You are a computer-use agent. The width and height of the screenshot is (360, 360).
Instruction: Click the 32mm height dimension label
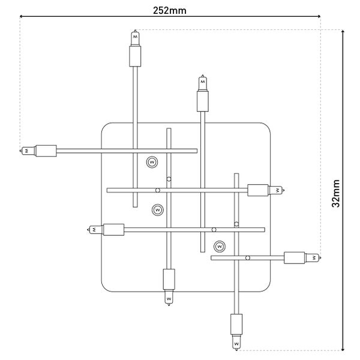click(337, 193)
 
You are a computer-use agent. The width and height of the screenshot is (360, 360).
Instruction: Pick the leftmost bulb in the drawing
click(27, 150)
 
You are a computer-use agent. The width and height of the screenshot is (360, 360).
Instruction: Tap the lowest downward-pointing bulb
click(236, 343)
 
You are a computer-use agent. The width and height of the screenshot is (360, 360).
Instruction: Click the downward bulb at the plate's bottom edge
click(168, 296)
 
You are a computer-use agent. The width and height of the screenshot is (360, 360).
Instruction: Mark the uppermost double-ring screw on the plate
click(152, 162)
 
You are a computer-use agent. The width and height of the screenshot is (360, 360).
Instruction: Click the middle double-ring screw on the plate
click(157, 210)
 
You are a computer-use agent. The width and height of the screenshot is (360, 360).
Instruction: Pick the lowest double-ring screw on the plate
click(220, 245)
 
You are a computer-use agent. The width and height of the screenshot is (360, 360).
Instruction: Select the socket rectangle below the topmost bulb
click(135, 57)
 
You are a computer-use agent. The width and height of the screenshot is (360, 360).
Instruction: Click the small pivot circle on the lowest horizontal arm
click(248, 258)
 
